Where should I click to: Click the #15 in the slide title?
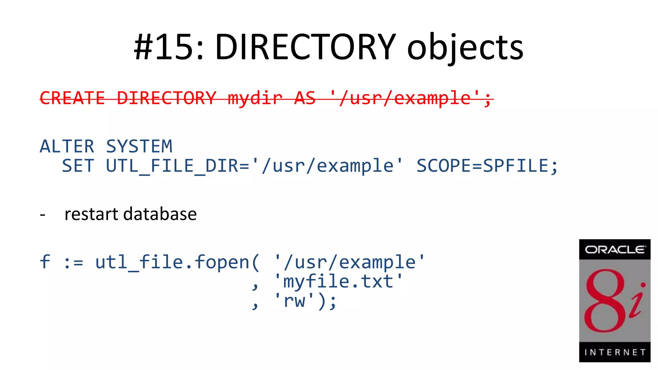(x=168, y=48)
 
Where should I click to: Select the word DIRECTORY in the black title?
(x=305, y=48)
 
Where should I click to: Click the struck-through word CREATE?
(x=72, y=98)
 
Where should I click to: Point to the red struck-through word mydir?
(x=255, y=98)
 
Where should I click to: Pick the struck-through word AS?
(x=305, y=98)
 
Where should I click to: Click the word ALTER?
(x=67, y=146)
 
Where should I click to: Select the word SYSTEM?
(x=139, y=146)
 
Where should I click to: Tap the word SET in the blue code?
(x=78, y=166)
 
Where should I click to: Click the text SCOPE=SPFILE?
(x=487, y=166)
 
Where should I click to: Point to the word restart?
(x=91, y=214)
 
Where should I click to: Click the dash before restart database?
(x=42, y=215)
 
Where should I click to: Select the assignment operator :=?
(x=73, y=262)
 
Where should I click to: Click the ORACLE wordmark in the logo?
(x=615, y=250)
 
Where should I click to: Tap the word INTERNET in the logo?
(x=615, y=352)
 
